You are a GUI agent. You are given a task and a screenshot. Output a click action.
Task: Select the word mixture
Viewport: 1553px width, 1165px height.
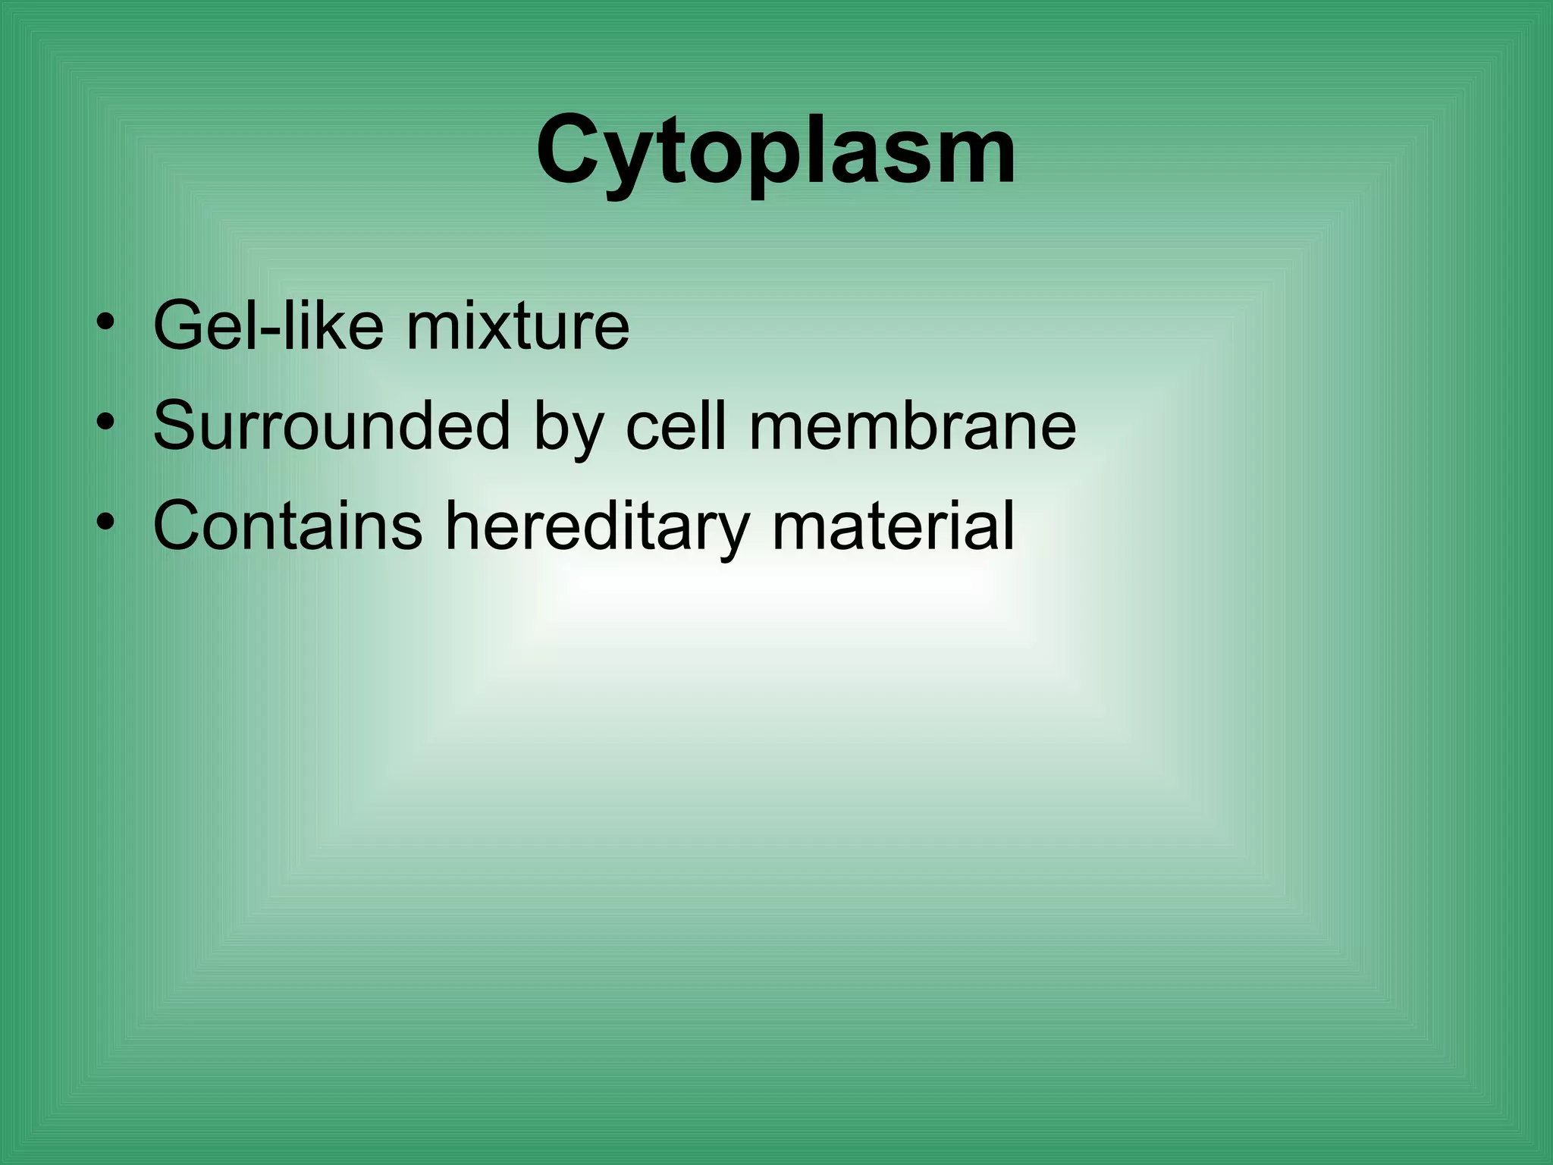point(518,326)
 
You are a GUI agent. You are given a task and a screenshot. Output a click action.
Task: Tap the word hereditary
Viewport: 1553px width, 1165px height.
point(596,526)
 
